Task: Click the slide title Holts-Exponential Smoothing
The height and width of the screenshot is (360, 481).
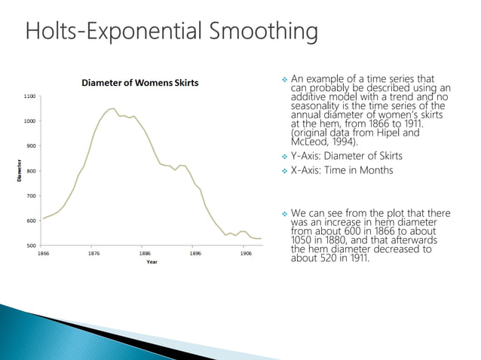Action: [171, 32]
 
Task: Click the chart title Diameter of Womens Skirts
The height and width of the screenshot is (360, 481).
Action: [140, 83]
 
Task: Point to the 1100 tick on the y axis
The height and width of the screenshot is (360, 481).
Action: [29, 96]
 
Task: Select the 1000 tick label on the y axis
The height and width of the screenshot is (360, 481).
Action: [29, 121]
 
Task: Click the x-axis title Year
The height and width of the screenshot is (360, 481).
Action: [152, 263]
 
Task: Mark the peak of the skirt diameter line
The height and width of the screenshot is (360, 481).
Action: [112, 108]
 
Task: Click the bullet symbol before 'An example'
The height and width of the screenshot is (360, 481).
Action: [283, 78]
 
